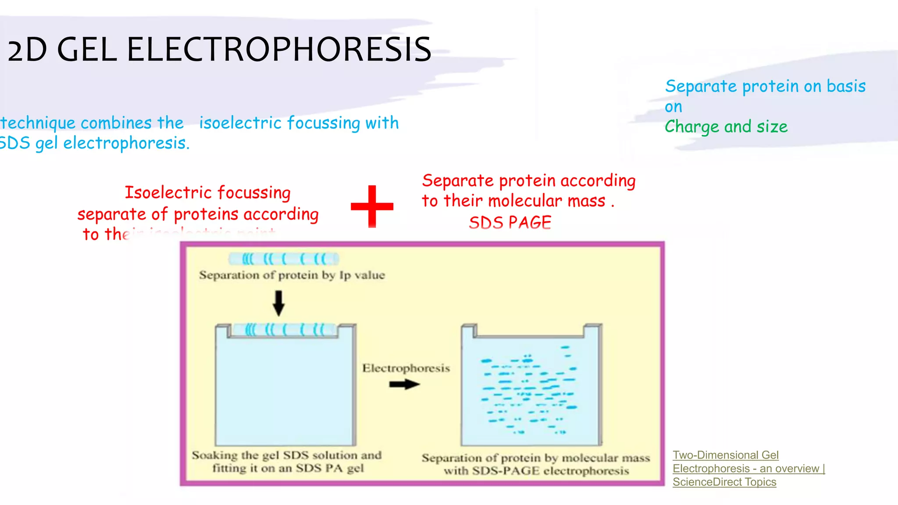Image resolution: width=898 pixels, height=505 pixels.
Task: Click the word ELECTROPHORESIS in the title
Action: click(x=279, y=49)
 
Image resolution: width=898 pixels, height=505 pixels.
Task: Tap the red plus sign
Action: click(x=372, y=206)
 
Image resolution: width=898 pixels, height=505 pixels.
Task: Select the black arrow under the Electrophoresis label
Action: click(x=404, y=384)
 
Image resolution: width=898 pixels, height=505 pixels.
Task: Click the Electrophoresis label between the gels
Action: click(x=406, y=368)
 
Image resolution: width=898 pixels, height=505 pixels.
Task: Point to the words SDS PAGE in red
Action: click(x=510, y=223)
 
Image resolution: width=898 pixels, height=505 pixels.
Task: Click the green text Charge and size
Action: click(x=726, y=127)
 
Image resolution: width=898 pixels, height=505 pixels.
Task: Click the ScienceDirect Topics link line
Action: click(x=724, y=482)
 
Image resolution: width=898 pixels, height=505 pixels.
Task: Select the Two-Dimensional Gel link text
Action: click(x=725, y=455)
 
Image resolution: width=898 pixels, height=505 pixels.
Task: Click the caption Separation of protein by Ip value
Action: click(x=292, y=275)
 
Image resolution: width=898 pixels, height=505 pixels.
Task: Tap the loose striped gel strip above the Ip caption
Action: click(x=284, y=259)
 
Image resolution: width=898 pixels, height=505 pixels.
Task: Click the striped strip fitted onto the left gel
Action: click(x=284, y=330)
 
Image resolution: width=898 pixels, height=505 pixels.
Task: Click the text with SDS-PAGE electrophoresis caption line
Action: click(x=536, y=471)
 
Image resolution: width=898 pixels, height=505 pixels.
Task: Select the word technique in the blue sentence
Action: click(x=38, y=123)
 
